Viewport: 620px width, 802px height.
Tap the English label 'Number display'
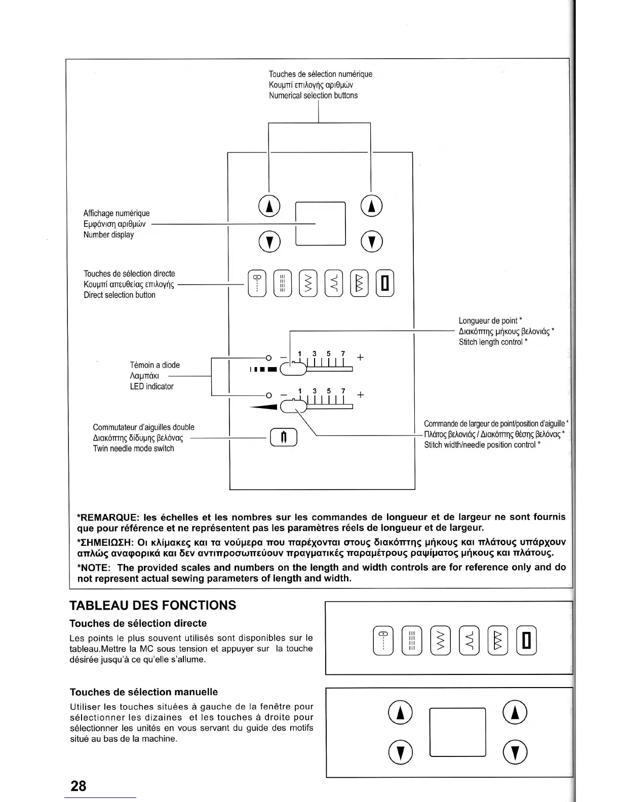[108, 235]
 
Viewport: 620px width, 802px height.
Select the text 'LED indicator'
[151, 386]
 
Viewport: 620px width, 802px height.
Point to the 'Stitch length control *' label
[493, 342]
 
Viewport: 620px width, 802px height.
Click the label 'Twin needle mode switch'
[133, 449]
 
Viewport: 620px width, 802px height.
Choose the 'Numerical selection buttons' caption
[313, 96]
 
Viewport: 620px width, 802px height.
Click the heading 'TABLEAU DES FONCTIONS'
[152, 606]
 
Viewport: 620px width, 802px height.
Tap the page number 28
[79, 786]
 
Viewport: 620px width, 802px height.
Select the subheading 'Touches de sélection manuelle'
[143, 692]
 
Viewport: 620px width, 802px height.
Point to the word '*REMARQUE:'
[107, 517]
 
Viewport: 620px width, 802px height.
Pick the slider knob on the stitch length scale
[293, 370]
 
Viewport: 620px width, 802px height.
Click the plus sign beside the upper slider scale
[360, 357]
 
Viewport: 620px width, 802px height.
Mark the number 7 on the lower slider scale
[343, 391]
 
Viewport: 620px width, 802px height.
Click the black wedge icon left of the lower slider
[264, 407]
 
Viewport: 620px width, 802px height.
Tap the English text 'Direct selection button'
[120, 295]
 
